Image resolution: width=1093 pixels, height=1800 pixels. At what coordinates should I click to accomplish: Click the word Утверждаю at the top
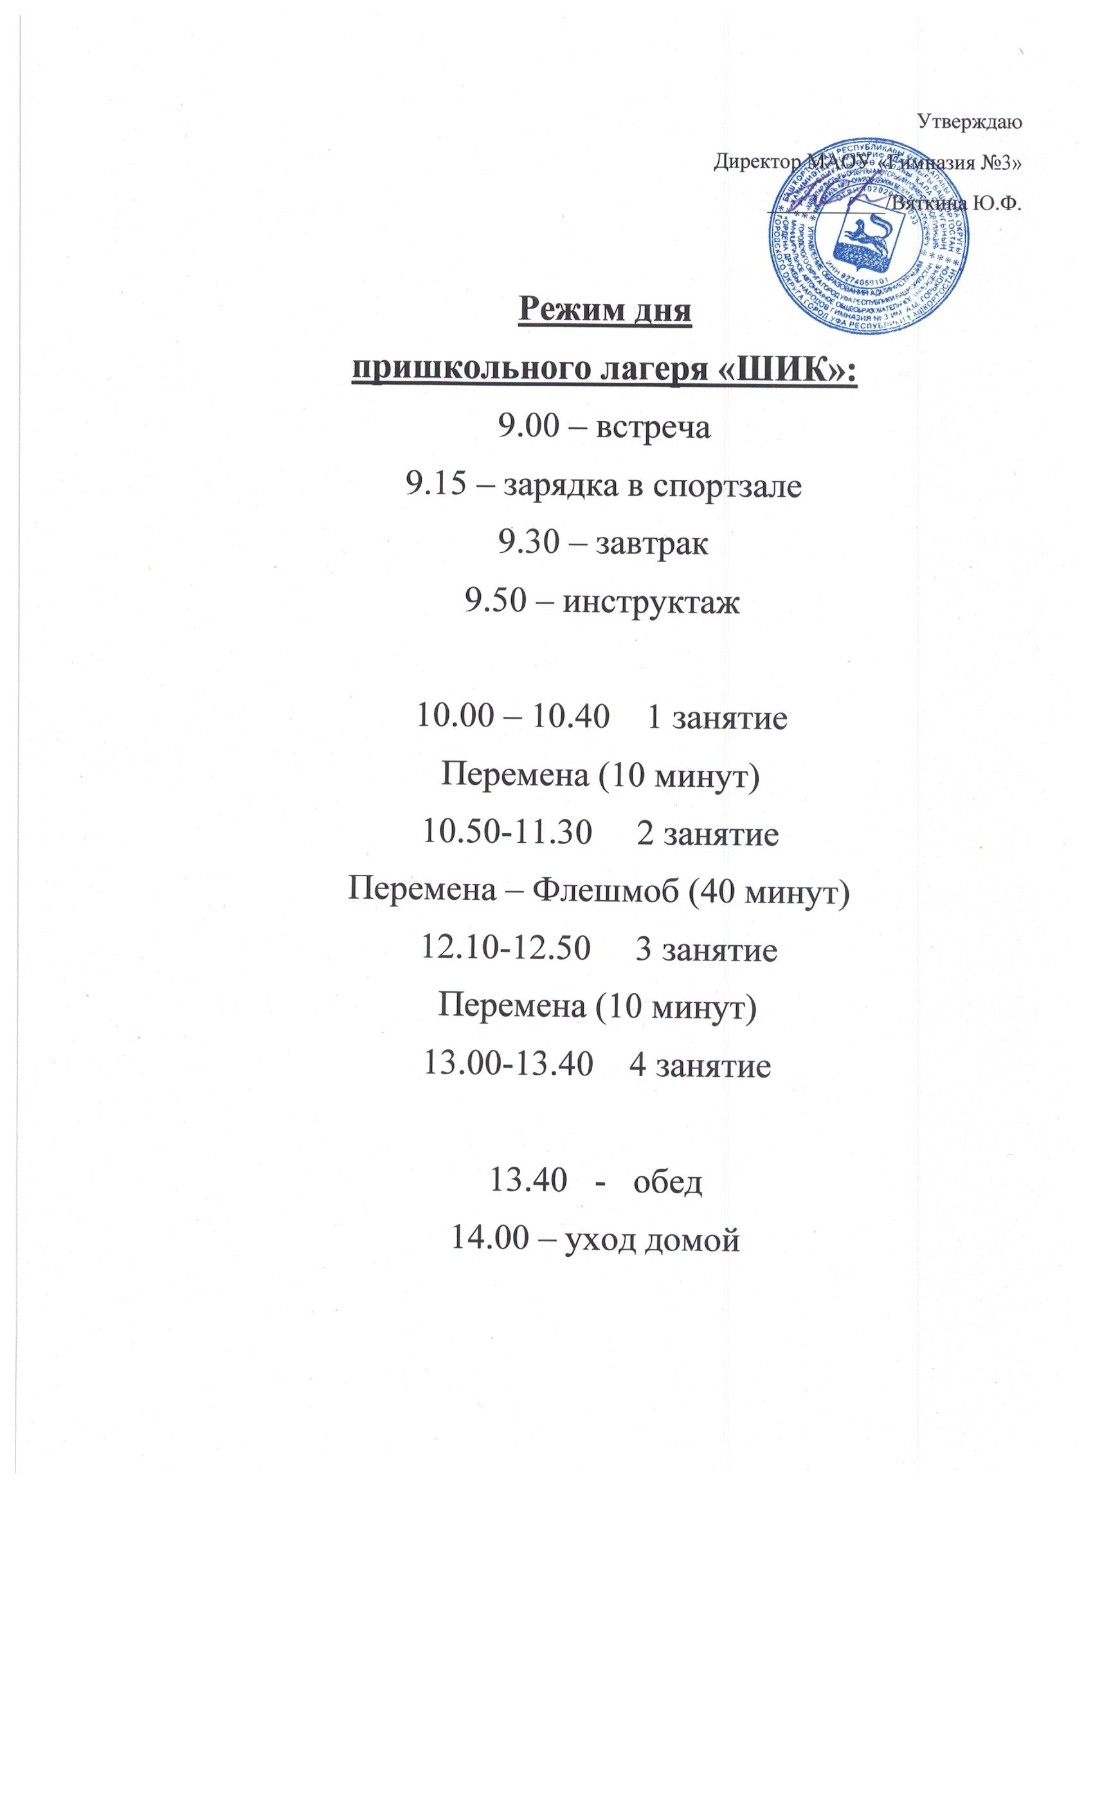point(968,122)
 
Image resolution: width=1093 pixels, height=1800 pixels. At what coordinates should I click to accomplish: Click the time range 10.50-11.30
point(507,832)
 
